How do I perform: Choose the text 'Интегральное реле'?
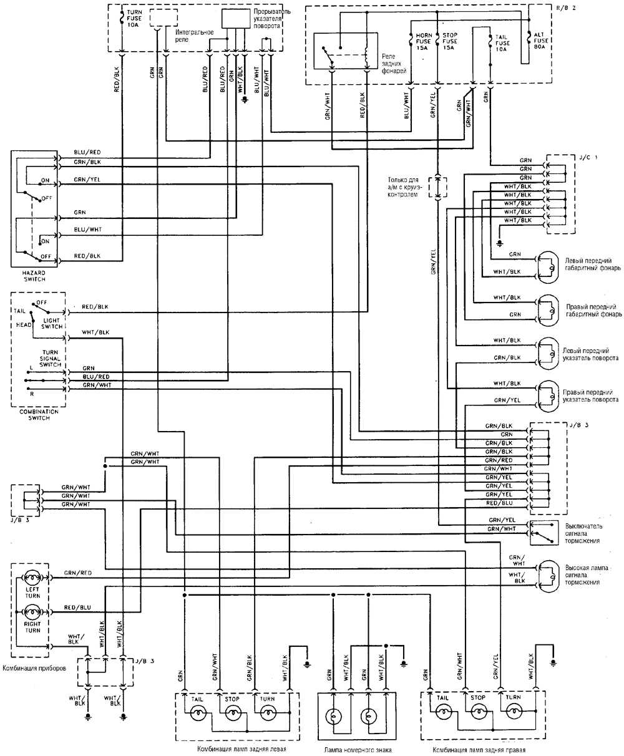(194, 36)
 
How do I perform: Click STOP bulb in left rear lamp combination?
(233, 712)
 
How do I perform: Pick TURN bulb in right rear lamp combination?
(514, 712)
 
